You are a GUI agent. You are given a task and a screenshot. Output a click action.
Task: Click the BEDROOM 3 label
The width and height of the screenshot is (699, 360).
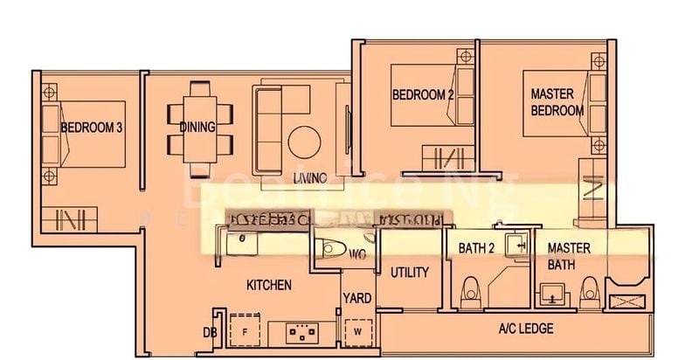[91, 128]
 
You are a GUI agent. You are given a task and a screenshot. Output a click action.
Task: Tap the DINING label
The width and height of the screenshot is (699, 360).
[197, 128]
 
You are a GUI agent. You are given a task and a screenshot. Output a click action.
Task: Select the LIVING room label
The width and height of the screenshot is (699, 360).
[309, 178]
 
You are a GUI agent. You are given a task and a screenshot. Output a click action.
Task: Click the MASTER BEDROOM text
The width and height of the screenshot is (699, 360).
[557, 102]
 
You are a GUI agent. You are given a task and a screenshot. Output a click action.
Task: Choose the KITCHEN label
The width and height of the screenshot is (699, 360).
[268, 286]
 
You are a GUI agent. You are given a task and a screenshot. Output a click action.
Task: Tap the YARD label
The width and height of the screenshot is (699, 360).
[356, 298]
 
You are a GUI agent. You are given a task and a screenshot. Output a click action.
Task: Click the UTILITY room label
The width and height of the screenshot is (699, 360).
[409, 273]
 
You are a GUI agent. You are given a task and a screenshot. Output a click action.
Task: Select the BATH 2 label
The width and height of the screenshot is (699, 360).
[477, 249]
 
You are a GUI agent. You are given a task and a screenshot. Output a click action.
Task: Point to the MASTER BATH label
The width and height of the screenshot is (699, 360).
[569, 256]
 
